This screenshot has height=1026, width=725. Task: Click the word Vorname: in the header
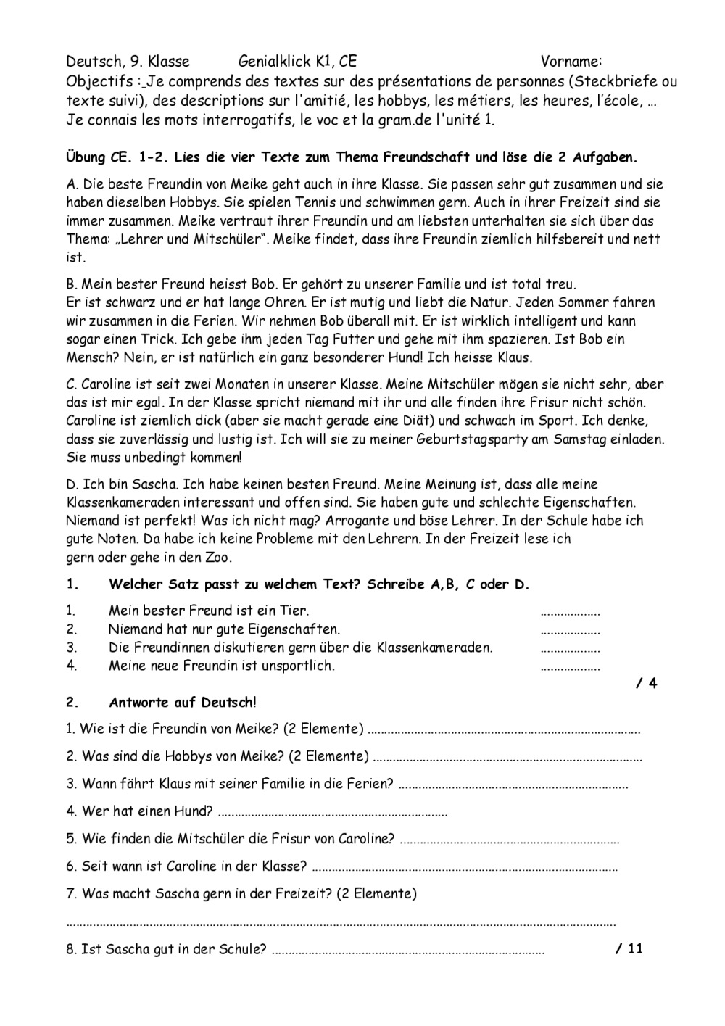pos(571,62)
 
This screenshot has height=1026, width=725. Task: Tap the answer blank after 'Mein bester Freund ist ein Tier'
pos(570,611)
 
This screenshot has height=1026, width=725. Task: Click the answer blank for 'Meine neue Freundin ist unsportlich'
pos(570,666)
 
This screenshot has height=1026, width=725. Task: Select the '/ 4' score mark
pos(647,683)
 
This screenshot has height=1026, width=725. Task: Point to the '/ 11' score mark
pos(629,948)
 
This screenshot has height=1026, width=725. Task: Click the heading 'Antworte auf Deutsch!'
pos(182,702)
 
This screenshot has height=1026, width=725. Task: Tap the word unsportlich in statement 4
pos(297,666)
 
